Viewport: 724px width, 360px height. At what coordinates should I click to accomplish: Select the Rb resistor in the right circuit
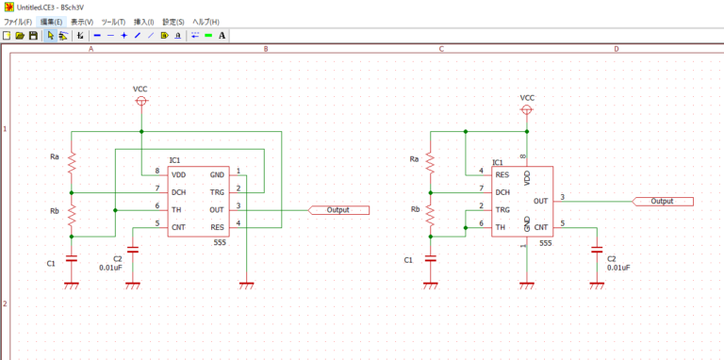tap(430, 215)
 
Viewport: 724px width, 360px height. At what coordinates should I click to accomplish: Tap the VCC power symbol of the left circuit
tap(140, 100)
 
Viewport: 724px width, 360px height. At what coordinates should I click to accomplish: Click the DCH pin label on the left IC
tap(179, 192)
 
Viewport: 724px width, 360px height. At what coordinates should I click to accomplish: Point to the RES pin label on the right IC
tap(502, 173)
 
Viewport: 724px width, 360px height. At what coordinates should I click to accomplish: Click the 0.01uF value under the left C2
tap(112, 267)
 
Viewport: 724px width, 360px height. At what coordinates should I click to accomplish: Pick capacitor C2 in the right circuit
tap(596, 250)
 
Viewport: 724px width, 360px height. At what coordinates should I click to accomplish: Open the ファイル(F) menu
tap(18, 21)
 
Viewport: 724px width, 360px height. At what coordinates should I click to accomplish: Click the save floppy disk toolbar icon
tap(33, 36)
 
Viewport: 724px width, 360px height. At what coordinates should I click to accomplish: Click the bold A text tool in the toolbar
tap(222, 36)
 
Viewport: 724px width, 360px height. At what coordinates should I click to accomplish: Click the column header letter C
tap(441, 49)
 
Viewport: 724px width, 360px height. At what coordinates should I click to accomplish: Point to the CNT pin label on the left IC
tap(179, 227)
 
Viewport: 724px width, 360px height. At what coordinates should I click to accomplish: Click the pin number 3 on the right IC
tap(563, 196)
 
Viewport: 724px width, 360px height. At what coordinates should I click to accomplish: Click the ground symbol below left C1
tap(73, 285)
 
